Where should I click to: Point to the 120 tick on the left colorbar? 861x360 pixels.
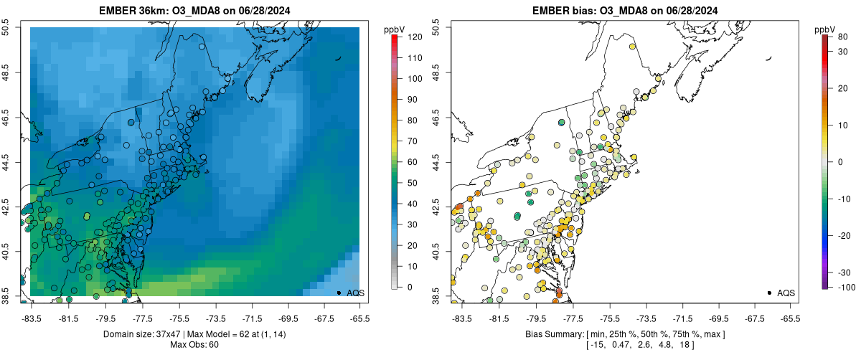410,36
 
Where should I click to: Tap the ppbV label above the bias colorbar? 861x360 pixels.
825,29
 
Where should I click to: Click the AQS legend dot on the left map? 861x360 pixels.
339,293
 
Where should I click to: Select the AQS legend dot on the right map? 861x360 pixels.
769,293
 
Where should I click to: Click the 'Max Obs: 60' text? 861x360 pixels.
194,345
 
